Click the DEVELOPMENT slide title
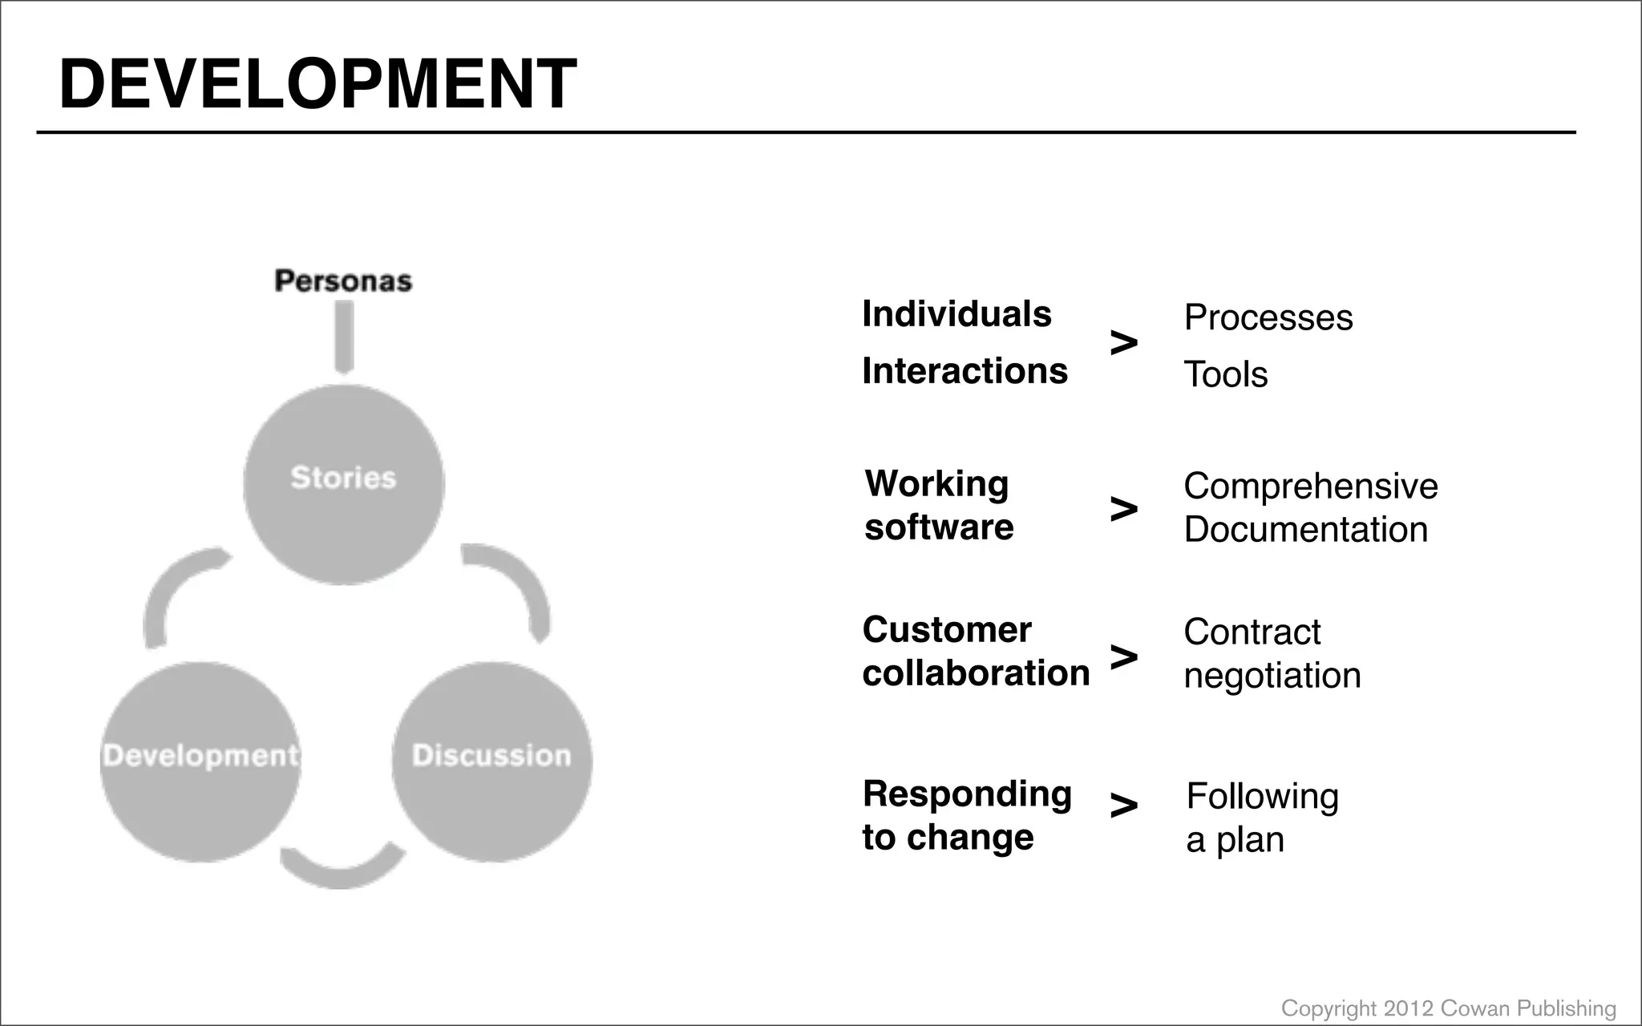[317, 84]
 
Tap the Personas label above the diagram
[343, 281]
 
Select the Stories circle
[344, 483]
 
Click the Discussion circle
[491, 761]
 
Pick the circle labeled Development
[200, 761]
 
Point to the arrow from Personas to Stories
[344, 337]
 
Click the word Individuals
[956, 314]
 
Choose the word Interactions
[965, 371]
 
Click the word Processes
[1268, 318]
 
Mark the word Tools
[1226, 374]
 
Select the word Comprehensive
[1311, 487]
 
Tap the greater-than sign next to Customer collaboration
[1123, 656]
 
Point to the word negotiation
[1272, 676]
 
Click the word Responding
[967, 794]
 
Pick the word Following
[1263, 797]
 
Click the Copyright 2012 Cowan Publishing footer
[1448, 1008]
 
